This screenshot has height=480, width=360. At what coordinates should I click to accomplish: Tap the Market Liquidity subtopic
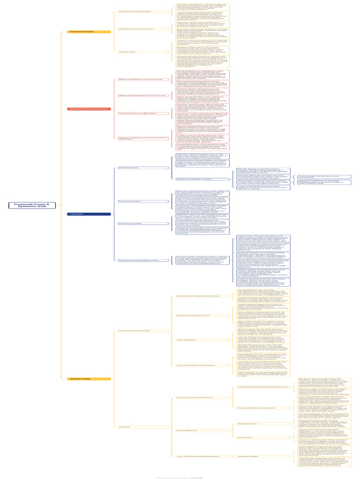point(129,167)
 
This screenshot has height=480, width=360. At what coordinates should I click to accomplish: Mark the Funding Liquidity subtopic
point(129,201)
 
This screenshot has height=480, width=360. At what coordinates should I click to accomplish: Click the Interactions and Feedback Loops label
point(139,260)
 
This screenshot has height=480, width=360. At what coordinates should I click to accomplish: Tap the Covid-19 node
point(124,427)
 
